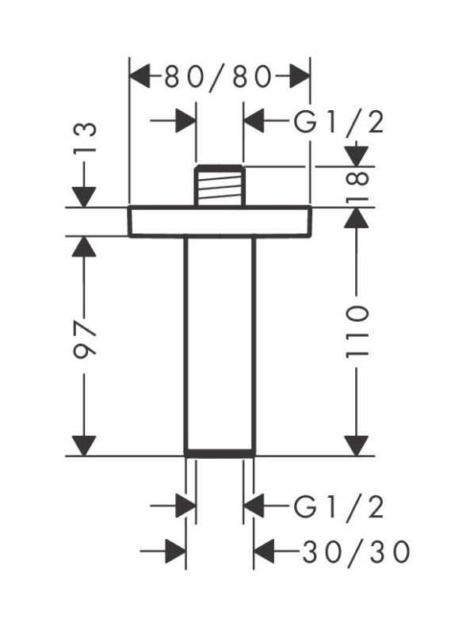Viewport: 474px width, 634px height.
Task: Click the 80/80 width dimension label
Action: pos(218,77)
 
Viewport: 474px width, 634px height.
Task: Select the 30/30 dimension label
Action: pos(356,552)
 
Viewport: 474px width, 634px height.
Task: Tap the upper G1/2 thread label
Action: pos(338,122)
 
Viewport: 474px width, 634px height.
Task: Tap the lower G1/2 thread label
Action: pos(338,507)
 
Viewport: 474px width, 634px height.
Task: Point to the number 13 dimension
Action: pos(86,136)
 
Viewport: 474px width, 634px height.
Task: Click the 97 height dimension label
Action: pos(85,338)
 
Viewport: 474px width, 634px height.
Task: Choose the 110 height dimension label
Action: pos(357,332)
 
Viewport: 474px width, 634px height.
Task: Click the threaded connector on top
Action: pos(220,185)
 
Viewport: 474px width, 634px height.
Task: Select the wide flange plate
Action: pos(220,221)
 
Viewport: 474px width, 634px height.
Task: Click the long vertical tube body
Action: pos(220,343)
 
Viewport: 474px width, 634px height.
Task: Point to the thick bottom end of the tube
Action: pos(220,453)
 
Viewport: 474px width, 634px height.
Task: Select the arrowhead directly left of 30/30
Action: pos(264,551)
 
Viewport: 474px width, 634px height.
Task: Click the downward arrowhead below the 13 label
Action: pos(84,197)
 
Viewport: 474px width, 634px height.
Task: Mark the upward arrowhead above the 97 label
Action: pos(84,246)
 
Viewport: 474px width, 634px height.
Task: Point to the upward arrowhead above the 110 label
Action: pos(357,217)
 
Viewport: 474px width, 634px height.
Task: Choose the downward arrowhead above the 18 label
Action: pos(357,156)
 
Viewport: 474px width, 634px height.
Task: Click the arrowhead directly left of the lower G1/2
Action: pos(254,506)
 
